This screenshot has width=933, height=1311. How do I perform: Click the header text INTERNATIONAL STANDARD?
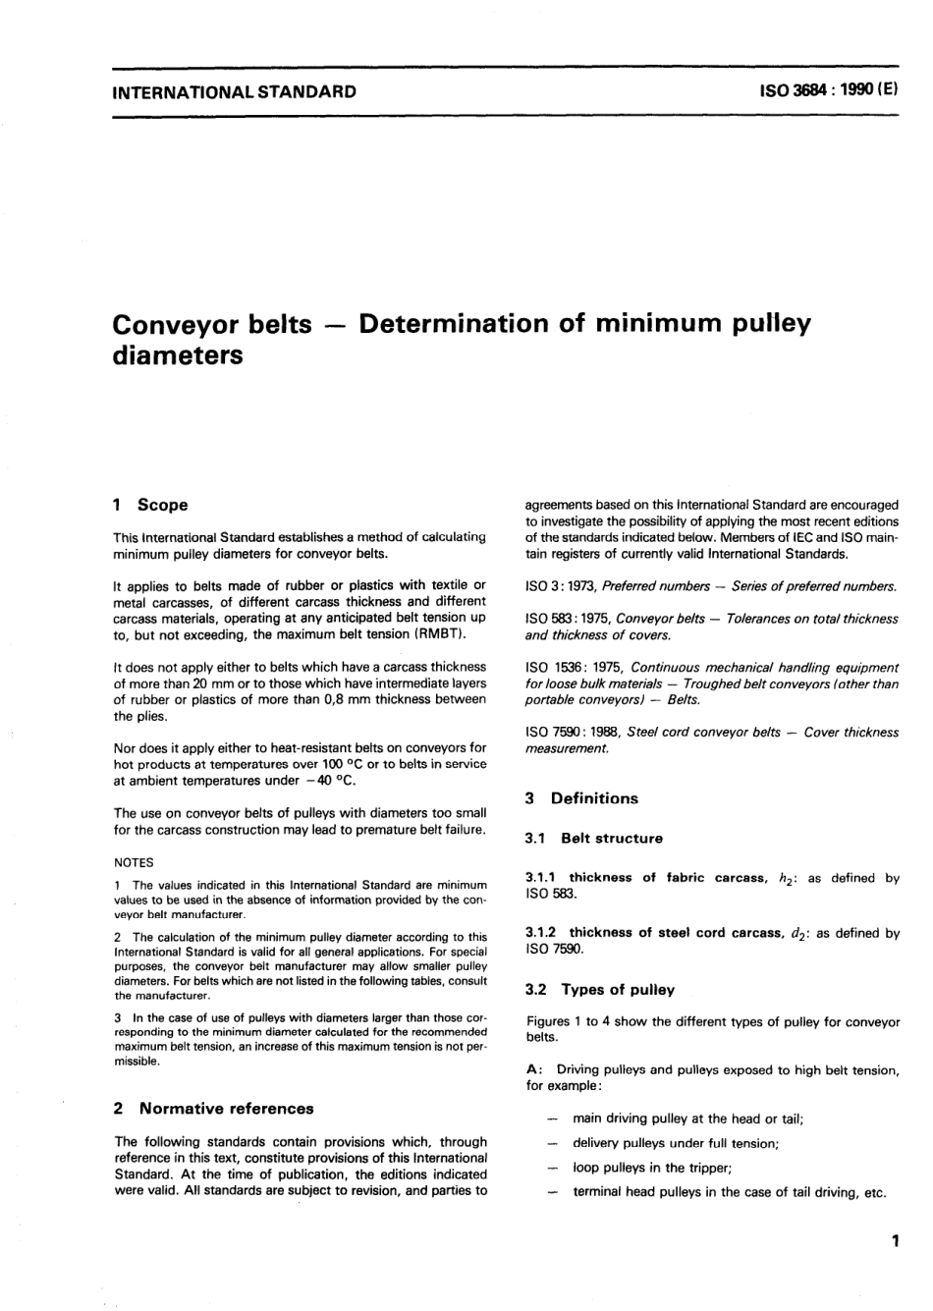(235, 93)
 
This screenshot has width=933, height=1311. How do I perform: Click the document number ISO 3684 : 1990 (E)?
(826, 93)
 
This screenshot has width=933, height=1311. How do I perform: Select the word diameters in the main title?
(178, 355)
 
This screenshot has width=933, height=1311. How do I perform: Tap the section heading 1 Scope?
(150, 505)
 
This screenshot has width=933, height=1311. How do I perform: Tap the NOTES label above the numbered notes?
(134, 862)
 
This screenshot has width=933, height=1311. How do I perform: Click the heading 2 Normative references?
(214, 1109)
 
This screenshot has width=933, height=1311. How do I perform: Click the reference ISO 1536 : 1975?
(568, 668)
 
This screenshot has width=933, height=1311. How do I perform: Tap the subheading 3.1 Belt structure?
(594, 839)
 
